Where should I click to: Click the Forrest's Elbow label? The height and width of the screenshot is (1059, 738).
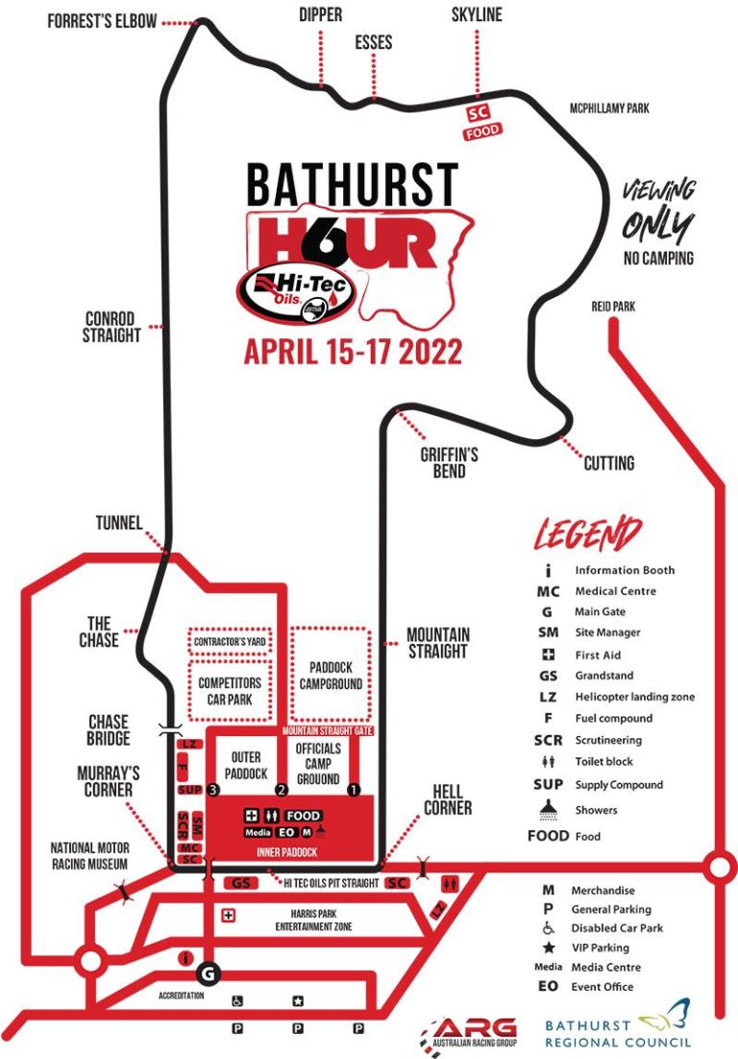[x=101, y=21]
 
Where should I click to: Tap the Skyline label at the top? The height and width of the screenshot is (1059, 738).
[x=476, y=14]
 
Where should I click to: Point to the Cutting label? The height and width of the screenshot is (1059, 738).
[x=609, y=463]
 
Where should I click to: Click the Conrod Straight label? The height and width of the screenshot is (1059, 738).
[x=111, y=327]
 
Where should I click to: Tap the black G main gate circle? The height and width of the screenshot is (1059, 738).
[x=209, y=974]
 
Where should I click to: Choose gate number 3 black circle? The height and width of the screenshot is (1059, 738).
[x=214, y=790]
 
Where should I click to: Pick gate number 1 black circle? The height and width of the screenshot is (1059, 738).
[x=353, y=790]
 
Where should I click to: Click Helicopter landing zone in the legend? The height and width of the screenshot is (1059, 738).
[x=634, y=697]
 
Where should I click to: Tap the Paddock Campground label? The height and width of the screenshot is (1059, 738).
[x=330, y=675]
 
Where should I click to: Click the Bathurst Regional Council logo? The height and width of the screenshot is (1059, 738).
[x=618, y=1022]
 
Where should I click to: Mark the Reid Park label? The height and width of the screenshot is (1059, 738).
[x=615, y=307]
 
